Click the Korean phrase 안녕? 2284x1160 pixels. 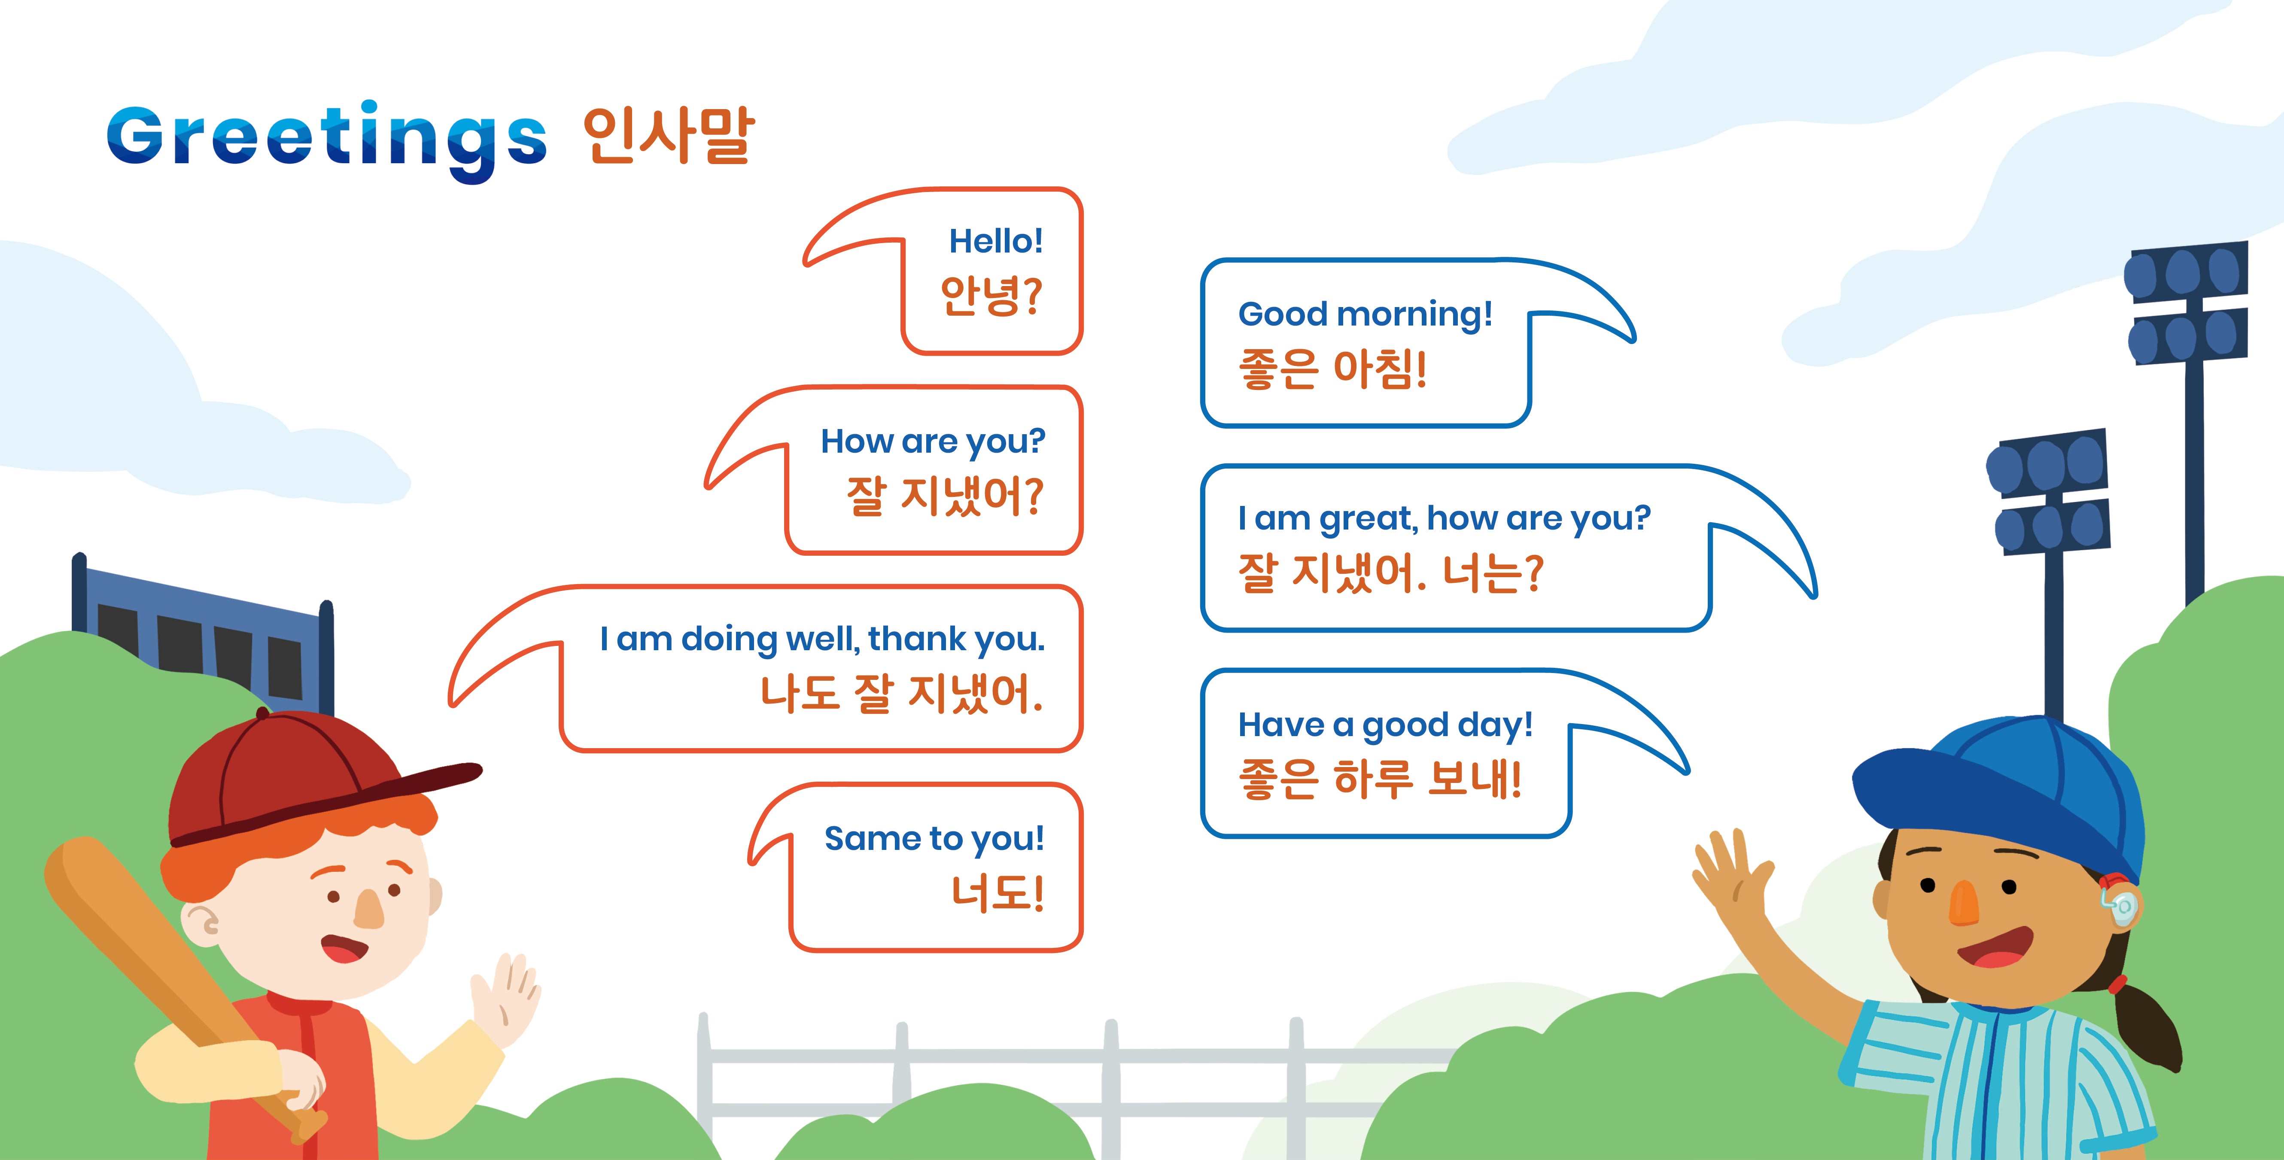[990, 295]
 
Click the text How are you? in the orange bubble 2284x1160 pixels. [933, 441]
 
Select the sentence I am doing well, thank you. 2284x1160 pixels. [822, 639]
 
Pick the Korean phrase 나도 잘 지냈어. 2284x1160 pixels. [901, 694]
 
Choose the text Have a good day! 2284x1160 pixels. [1385, 725]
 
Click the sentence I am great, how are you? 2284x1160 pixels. [1444, 518]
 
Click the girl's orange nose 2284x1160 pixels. [1964, 903]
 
